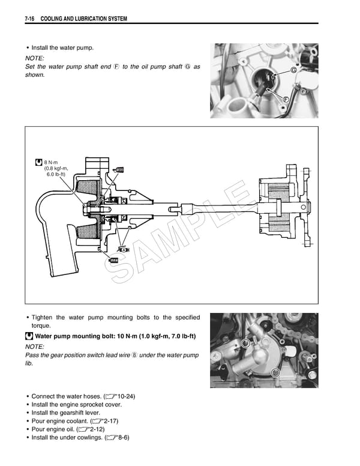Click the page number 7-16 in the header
[x=31, y=19]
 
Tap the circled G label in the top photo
[x=293, y=71]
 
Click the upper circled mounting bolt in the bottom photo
[x=245, y=343]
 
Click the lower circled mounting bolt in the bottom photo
[x=275, y=372]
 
